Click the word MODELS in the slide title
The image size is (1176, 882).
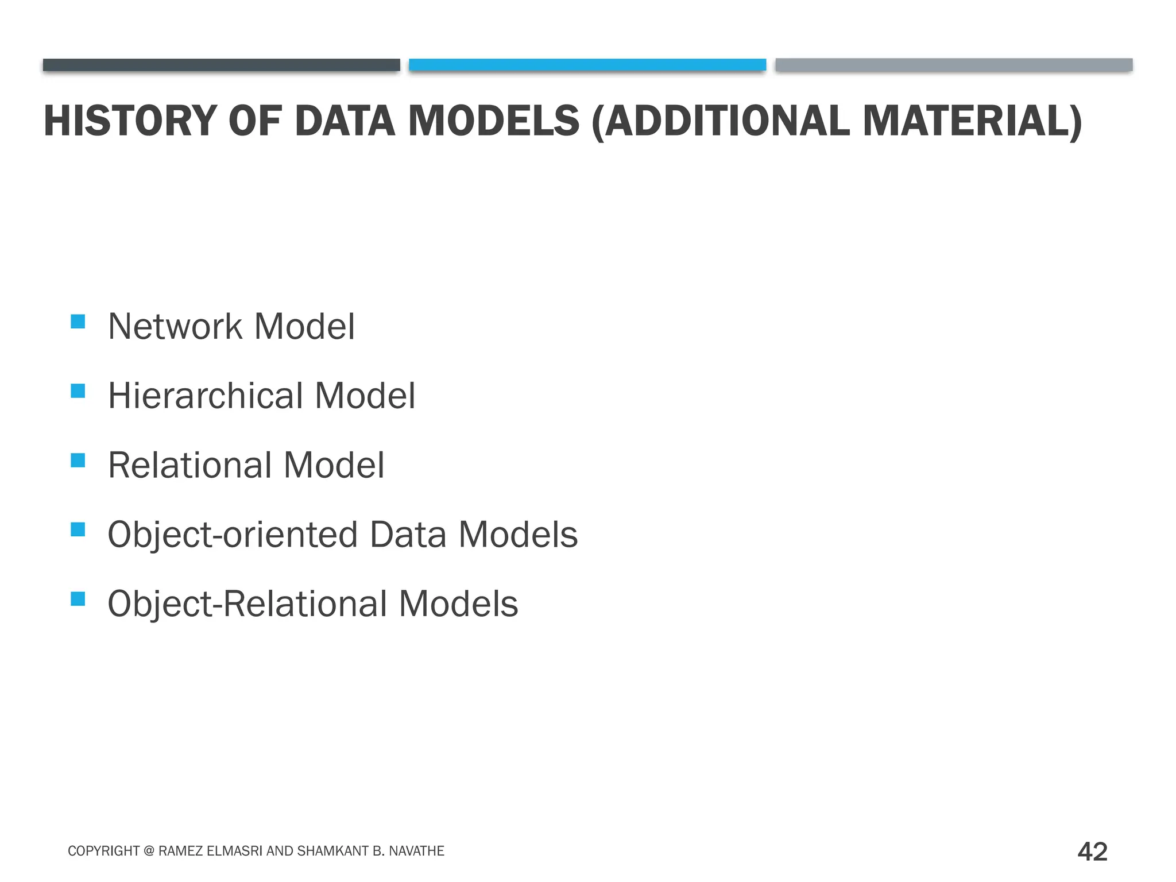point(494,121)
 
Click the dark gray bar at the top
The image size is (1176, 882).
point(221,65)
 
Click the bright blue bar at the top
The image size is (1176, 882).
point(587,65)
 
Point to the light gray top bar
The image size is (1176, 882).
point(954,65)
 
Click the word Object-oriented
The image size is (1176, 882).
point(233,535)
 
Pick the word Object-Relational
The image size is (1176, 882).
point(247,604)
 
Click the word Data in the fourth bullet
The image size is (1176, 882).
point(408,535)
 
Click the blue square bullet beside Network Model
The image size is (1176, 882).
point(78,321)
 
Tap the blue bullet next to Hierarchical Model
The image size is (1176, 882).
point(78,391)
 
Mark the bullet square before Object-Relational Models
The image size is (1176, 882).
point(78,599)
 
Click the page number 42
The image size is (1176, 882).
point(1092,852)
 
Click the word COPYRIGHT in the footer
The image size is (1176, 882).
point(104,851)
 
